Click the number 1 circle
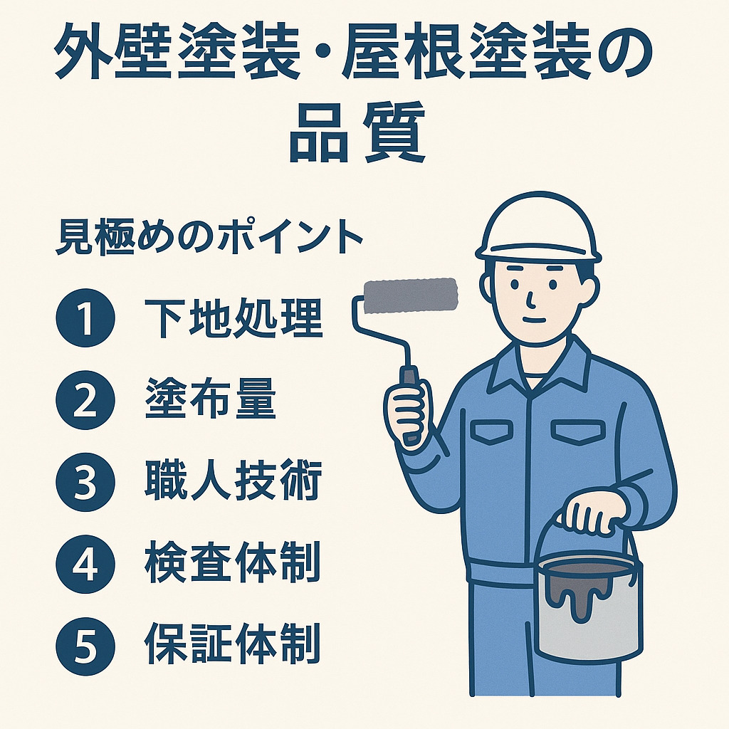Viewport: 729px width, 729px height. pos(85,318)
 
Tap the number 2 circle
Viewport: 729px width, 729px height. pos(85,400)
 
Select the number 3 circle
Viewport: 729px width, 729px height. pos(85,483)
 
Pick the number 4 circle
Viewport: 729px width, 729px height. pos(85,565)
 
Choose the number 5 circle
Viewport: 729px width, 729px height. pos(85,646)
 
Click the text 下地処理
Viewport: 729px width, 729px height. pos(234,319)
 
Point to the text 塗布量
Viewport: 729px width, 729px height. pos(211,400)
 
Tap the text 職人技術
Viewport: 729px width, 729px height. pos(234,482)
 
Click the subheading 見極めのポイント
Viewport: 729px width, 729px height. pos(209,238)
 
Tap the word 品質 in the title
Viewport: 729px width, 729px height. pos(357,132)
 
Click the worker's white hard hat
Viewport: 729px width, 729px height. pos(538,228)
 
